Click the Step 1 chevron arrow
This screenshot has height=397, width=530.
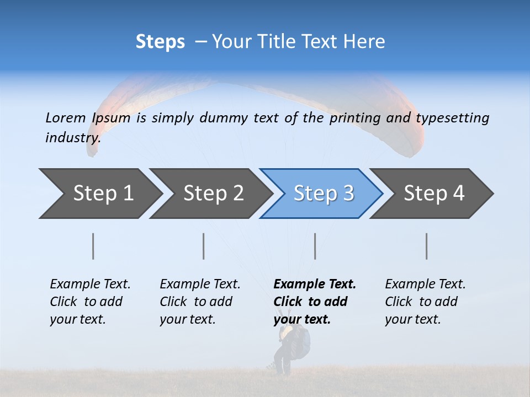tap(103, 194)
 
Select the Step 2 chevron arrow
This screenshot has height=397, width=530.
tap(213, 194)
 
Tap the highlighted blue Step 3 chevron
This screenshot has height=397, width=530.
tap(323, 194)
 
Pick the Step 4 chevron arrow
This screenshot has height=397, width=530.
tap(433, 194)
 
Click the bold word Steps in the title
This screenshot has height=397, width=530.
tap(160, 41)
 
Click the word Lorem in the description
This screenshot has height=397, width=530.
tap(66, 117)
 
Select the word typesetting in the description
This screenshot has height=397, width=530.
tap(452, 117)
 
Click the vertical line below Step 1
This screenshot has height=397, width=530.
tap(93, 246)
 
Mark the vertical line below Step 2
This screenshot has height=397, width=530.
tap(204, 246)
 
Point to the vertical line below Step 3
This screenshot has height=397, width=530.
tap(315, 246)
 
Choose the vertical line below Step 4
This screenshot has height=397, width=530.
tap(427, 246)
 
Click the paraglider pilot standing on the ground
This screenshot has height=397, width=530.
tap(290, 350)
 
